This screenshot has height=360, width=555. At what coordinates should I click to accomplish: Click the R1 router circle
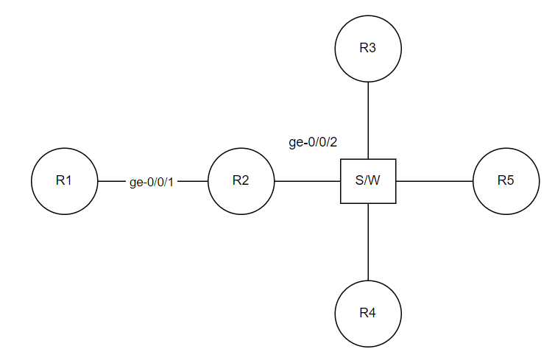(65, 181)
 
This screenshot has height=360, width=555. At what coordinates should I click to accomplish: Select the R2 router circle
(241, 181)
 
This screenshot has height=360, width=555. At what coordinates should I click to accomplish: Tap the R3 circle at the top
(368, 49)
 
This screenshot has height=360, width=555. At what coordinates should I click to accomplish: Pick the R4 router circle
(368, 314)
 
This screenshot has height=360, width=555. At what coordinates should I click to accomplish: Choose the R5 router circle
(506, 181)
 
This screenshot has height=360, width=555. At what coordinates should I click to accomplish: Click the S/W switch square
(368, 181)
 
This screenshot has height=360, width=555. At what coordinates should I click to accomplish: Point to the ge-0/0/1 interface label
(152, 182)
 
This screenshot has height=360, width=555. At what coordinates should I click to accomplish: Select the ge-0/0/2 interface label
(313, 143)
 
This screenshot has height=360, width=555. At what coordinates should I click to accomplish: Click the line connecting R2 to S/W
(307, 181)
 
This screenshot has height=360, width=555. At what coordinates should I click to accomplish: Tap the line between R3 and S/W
(368, 120)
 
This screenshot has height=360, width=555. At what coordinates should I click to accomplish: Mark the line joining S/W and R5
(434, 181)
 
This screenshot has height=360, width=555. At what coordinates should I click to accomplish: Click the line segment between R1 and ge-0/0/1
(111, 181)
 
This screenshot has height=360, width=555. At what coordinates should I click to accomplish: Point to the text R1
(65, 181)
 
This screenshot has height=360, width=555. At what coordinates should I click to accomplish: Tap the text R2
(241, 181)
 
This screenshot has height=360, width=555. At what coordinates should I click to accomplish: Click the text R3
(368, 49)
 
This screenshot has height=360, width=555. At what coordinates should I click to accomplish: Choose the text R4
(368, 314)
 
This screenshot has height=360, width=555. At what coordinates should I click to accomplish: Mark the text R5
(506, 181)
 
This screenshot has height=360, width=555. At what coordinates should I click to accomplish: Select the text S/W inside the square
(368, 181)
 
